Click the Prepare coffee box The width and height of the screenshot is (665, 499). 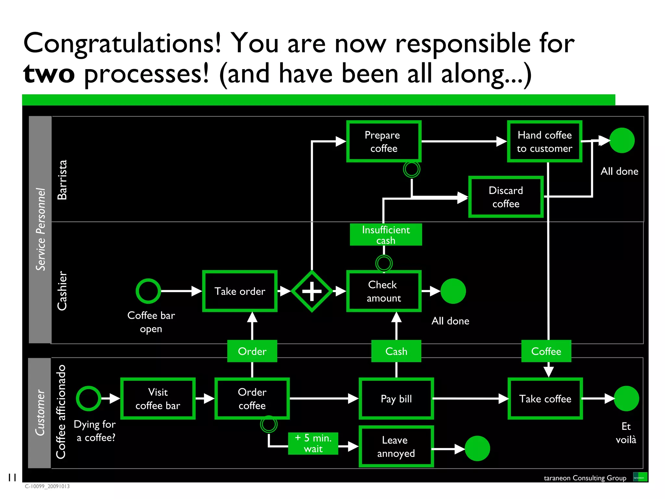click(383, 142)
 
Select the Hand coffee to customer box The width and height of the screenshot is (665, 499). click(545, 142)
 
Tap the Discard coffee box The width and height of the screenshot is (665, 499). click(506, 197)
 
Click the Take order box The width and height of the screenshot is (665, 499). click(240, 291)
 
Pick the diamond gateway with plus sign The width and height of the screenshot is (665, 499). click(312, 291)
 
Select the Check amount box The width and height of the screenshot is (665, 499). click(383, 291)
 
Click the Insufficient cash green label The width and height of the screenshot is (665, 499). click(386, 235)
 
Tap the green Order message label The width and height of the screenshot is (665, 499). click(252, 351)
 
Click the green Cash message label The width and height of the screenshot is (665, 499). click(396, 351)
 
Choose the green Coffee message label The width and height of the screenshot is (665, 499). click(546, 351)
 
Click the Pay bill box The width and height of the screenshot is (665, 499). click(396, 399)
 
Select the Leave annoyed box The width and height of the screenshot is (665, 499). click(396, 447)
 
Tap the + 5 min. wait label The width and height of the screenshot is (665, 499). click(313, 443)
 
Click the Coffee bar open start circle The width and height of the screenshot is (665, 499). click(148, 291)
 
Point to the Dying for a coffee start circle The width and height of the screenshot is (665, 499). click(88, 398)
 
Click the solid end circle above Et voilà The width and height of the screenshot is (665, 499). click(626, 398)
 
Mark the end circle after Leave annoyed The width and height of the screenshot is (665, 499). click(477, 448)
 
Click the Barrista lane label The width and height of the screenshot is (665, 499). click(62, 180)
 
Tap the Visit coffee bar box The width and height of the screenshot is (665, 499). click(158, 399)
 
